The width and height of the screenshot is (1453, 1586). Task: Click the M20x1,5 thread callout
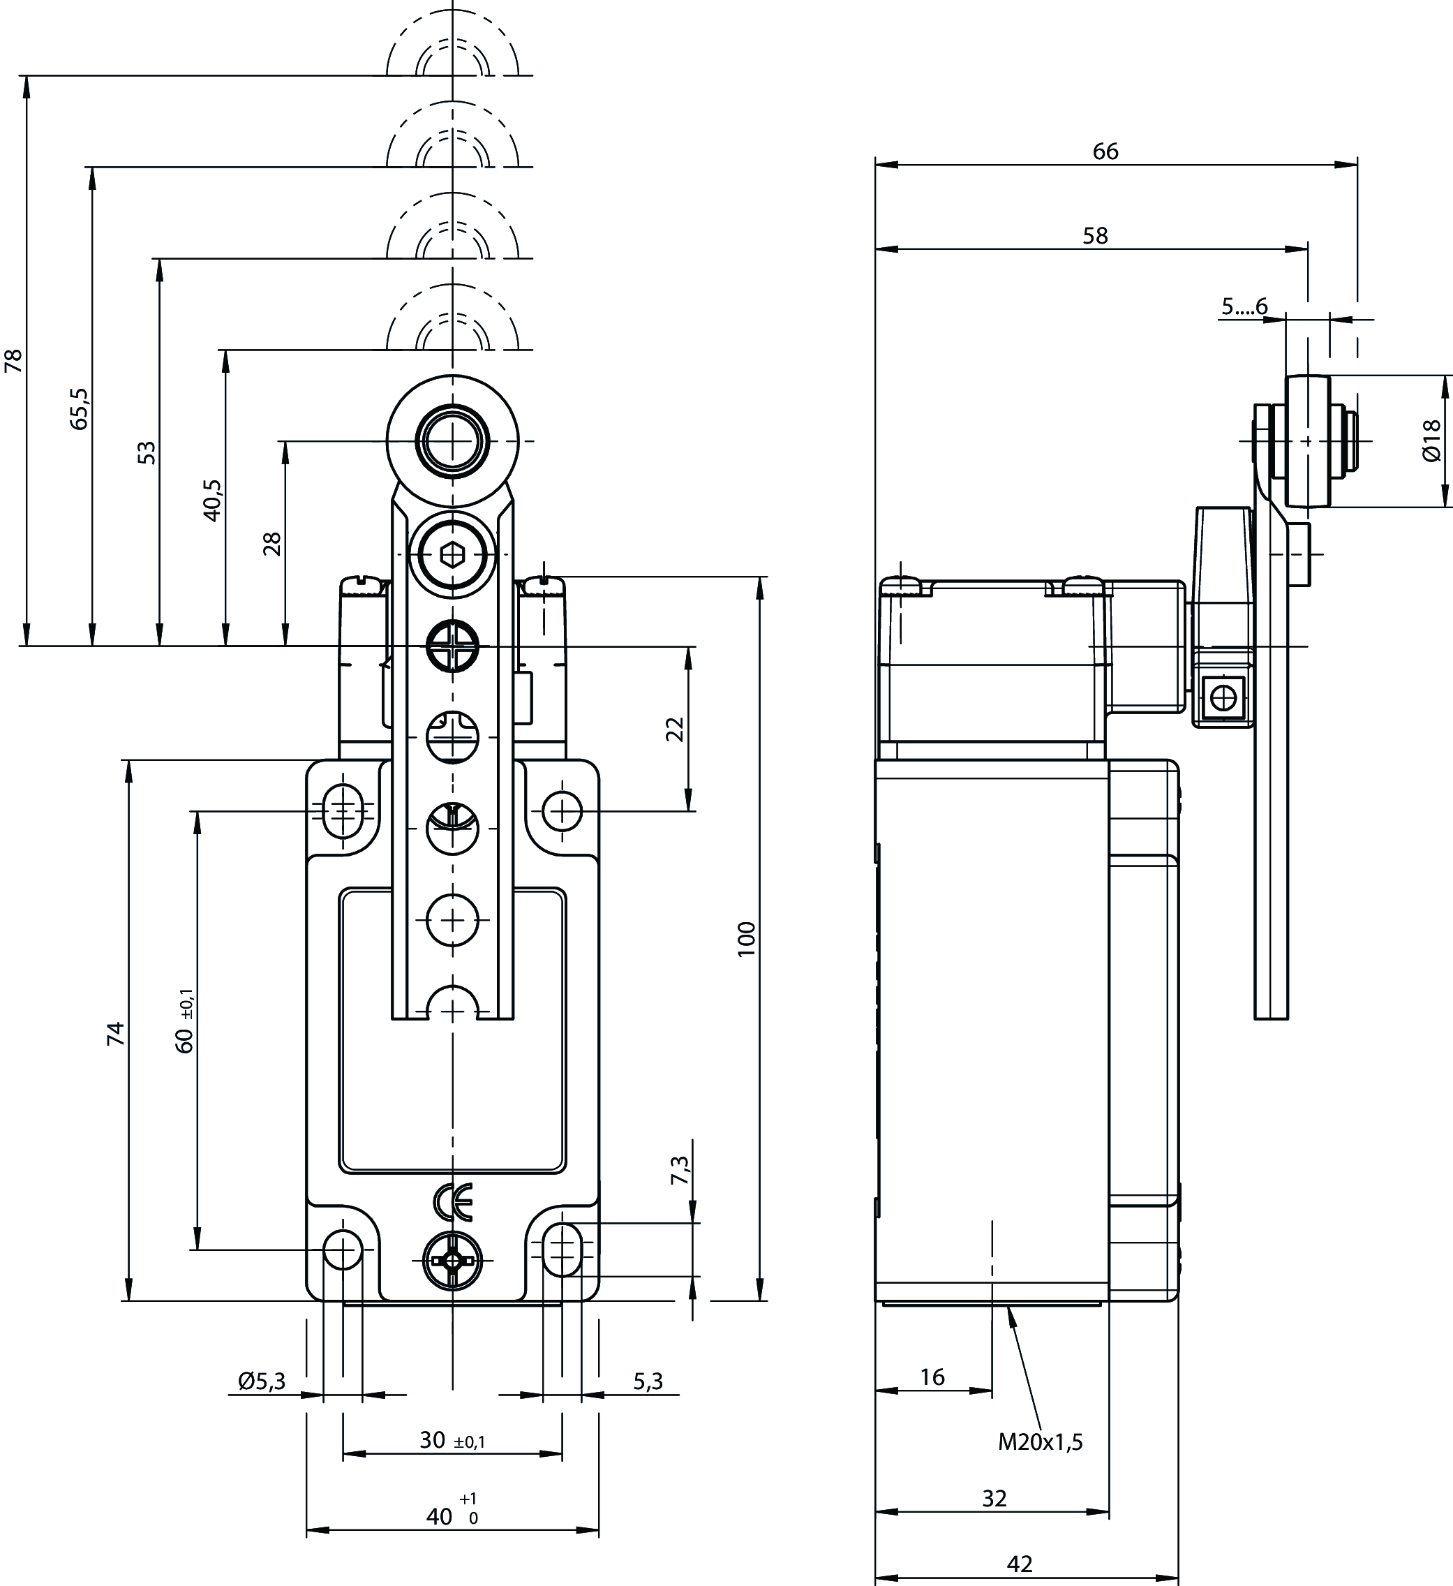(x=1040, y=1442)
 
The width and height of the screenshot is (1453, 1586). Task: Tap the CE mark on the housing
(x=453, y=1201)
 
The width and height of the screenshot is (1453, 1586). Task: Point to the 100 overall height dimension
(x=746, y=938)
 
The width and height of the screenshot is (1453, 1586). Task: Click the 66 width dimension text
(x=1105, y=152)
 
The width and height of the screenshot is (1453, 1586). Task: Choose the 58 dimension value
(x=1095, y=236)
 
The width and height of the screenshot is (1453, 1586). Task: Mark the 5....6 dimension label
(x=1244, y=306)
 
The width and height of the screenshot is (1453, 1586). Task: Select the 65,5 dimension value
(x=80, y=408)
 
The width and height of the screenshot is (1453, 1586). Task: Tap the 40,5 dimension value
(x=213, y=501)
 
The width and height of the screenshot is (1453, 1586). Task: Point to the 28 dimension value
(x=272, y=544)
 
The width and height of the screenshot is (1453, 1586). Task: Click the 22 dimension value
(x=675, y=729)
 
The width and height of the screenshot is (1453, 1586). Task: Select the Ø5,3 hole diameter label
(x=261, y=1381)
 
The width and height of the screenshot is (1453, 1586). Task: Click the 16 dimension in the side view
(x=932, y=1377)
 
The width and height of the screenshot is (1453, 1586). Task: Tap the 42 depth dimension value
(x=1020, y=1563)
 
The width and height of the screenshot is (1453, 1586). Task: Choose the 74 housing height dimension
(x=116, y=1033)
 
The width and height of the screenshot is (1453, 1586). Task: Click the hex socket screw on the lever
(x=452, y=556)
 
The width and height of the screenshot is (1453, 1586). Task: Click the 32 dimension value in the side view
(x=994, y=1498)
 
